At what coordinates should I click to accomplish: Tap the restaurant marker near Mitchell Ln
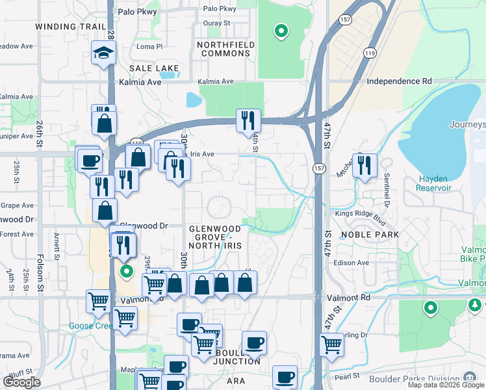coord(364,165)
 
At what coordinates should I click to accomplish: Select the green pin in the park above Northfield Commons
coord(281,30)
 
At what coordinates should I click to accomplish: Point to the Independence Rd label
coord(399,81)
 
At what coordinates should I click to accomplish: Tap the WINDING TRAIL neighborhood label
coord(70,27)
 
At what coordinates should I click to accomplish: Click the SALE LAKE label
coord(149,68)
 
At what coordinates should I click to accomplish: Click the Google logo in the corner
coord(21,382)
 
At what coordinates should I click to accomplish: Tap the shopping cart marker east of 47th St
coord(331,344)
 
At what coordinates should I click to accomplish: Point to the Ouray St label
coord(217,23)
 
